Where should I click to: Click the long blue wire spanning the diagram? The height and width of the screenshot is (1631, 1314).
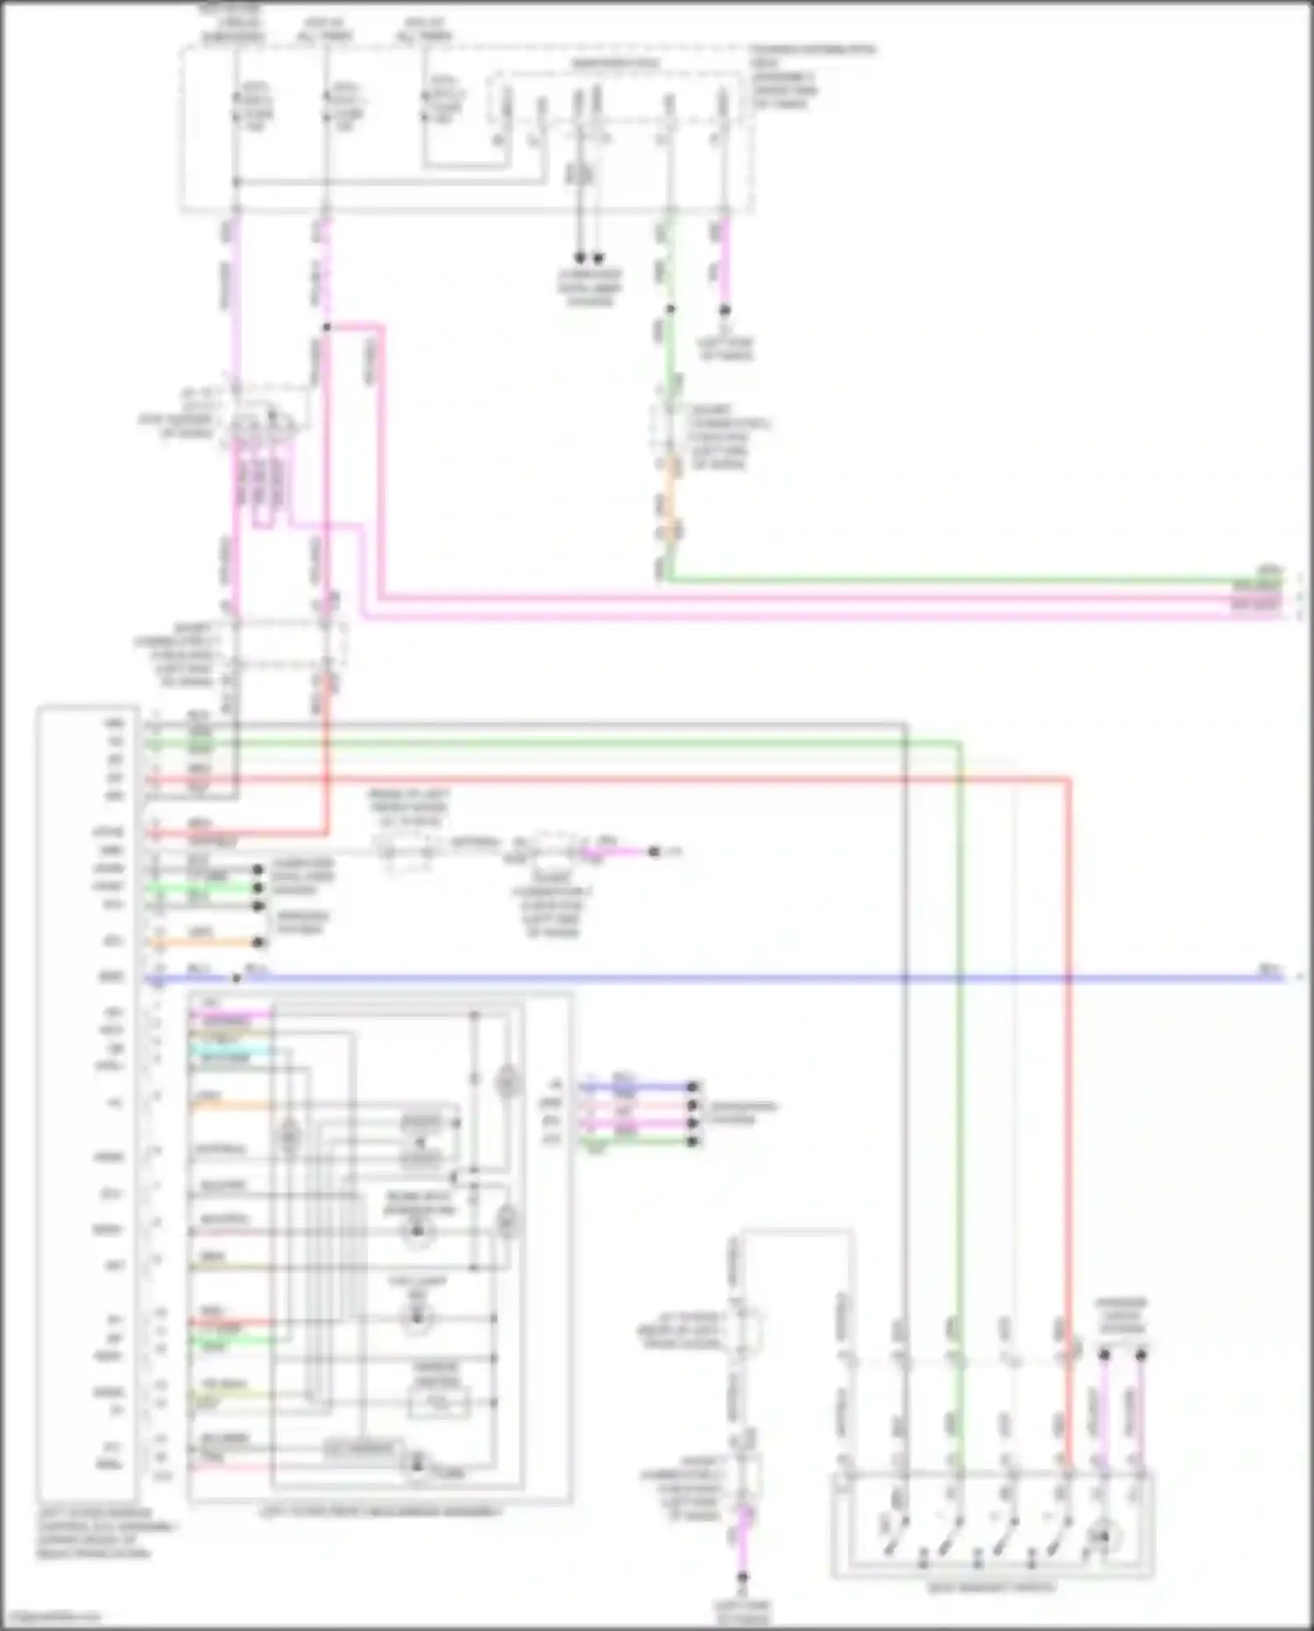pos(701,977)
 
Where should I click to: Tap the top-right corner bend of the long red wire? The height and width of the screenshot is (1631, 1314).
pos(1070,778)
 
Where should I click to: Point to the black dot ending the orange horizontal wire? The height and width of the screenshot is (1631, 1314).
pos(258,943)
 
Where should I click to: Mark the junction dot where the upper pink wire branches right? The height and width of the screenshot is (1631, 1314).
pos(326,327)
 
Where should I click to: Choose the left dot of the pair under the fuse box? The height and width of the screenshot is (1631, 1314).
pos(579,259)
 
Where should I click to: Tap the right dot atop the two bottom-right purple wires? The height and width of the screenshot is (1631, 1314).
pos(1141,1355)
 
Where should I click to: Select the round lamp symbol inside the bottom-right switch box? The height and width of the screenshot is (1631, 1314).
pos(1105,1536)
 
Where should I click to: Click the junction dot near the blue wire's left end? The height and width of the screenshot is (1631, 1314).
pos(237,977)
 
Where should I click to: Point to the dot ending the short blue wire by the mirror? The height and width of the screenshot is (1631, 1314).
pos(693,1086)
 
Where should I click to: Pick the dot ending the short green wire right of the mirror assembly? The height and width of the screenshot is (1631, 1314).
pos(693,1141)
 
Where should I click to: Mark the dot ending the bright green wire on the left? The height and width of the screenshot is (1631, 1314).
pos(258,888)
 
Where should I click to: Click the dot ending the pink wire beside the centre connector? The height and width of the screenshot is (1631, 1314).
pos(653,851)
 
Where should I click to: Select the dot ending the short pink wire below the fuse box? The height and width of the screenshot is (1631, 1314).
pos(724,310)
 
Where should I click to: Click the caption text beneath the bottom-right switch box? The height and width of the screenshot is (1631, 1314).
pos(991,1587)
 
